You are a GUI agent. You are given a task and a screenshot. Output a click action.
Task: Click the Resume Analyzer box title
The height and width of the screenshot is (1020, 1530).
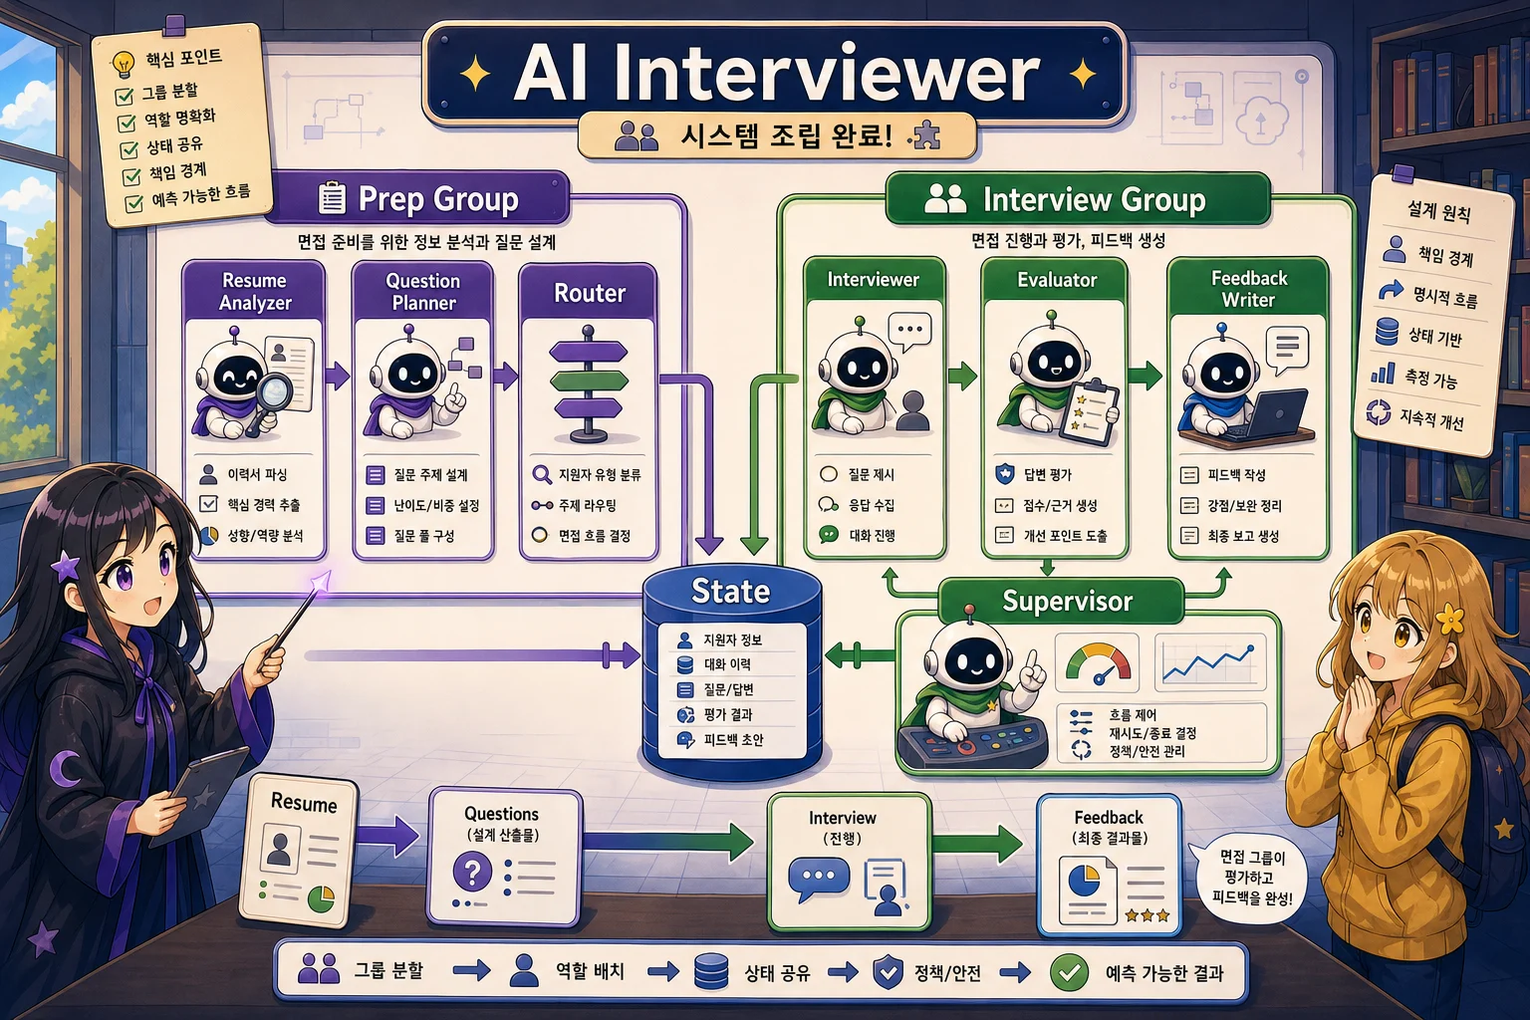[x=255, y=291]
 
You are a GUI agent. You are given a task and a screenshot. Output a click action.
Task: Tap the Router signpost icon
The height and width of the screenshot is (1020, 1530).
[x=589, y=383]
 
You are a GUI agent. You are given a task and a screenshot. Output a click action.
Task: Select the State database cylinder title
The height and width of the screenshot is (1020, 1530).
[x=730, y=591]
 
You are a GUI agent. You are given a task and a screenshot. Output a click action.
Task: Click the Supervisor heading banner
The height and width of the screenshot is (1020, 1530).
[x=1066, y=602]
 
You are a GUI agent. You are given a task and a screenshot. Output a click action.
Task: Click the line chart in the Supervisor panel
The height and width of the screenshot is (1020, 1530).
[x=1209, y=662]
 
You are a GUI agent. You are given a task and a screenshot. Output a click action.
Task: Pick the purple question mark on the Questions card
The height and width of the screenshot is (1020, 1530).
[x=472, y=871]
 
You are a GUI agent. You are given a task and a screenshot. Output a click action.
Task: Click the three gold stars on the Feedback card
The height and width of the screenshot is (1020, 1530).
[x=1147, y=914]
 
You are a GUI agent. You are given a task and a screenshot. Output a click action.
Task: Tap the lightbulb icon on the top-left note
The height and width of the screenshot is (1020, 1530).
[x=123, y=64]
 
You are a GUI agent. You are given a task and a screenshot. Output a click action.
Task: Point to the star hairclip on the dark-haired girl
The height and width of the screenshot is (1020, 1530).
[x=66, y=567]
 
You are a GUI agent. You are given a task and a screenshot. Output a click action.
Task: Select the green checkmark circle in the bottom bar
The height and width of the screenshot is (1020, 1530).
[x=1070, y=972]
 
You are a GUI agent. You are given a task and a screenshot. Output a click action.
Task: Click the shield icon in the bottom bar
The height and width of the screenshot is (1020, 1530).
[x=888, y=971]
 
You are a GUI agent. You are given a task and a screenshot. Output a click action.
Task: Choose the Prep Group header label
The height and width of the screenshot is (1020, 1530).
[x=438, y=199]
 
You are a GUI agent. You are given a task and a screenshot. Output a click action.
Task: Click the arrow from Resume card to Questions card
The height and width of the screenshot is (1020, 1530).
[x=386, y=837]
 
